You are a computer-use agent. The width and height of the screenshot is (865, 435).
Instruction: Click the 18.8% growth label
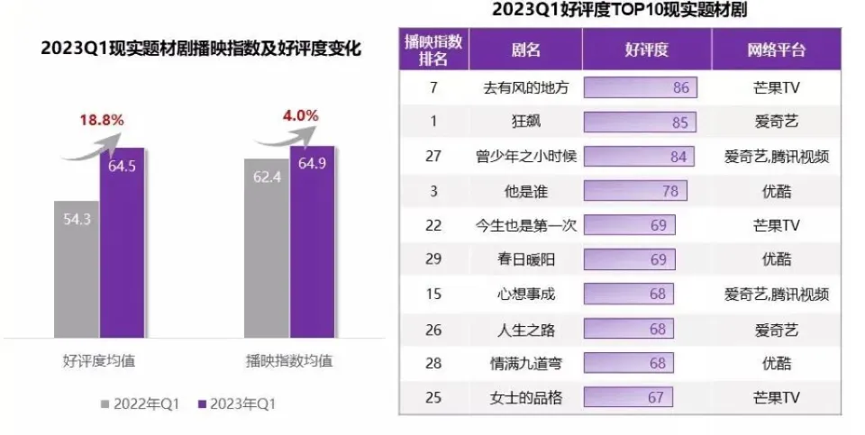point(101,120)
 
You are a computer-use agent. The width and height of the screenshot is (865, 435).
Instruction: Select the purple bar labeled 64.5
point(121,243)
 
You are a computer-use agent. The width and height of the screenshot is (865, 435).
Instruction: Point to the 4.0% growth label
point(300,115)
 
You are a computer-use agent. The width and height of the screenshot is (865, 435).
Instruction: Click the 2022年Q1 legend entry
point(144,404)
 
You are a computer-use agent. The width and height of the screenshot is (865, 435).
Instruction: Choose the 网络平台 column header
point(776,50)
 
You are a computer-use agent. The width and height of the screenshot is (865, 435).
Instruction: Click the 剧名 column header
point(525,50)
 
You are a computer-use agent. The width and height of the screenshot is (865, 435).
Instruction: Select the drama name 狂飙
point(525,122)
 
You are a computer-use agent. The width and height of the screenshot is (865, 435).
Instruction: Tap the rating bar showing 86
point(641,88)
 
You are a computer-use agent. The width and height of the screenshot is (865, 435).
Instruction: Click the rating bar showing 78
point(635,191)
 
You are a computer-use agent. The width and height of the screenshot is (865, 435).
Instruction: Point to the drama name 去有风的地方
point(525,88)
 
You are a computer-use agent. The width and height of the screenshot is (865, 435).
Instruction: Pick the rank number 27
point(433,156)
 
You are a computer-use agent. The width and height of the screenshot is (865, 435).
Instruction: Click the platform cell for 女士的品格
point(776,396)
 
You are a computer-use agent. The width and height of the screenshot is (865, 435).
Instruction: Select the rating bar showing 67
point(628,396)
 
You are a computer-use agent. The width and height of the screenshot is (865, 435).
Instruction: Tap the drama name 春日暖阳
point(525,259)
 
